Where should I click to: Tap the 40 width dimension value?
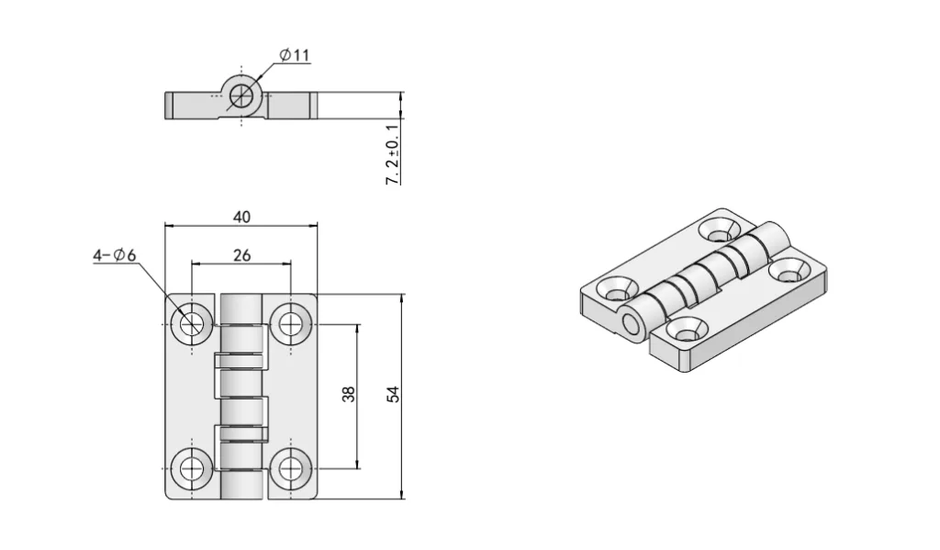coord(241,217)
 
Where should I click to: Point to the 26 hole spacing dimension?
coord(241,255)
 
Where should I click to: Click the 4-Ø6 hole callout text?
coord(114,256)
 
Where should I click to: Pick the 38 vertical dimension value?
coord(348,395)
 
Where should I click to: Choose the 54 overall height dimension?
coord(393,395)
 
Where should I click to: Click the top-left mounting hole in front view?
coord(193,322)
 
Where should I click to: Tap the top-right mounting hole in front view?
coord(291,322)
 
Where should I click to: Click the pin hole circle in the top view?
coord(242,94)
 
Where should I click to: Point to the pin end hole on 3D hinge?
coord(630,325)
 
